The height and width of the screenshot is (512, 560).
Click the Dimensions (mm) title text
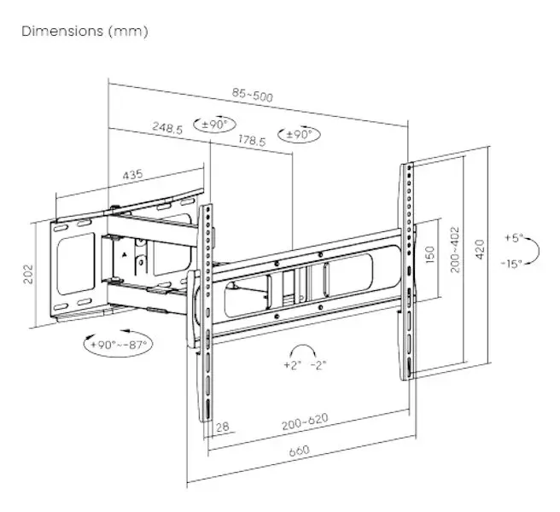tap(85, 32)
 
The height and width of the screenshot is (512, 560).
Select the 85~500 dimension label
tap(253, 95)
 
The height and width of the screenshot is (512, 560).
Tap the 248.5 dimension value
tap(167, 127)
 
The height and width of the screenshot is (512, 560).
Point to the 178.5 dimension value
tap(252, 140)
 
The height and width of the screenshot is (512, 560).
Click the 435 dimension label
tap(133, 175)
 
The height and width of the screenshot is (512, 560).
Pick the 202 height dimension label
tap(28, 274)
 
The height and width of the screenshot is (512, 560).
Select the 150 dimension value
tap(430, 254)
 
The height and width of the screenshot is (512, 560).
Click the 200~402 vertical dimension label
tap(455, 249)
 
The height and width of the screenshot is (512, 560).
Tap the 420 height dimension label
tap(480, 249)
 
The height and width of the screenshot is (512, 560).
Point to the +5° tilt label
tap(514, 237)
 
